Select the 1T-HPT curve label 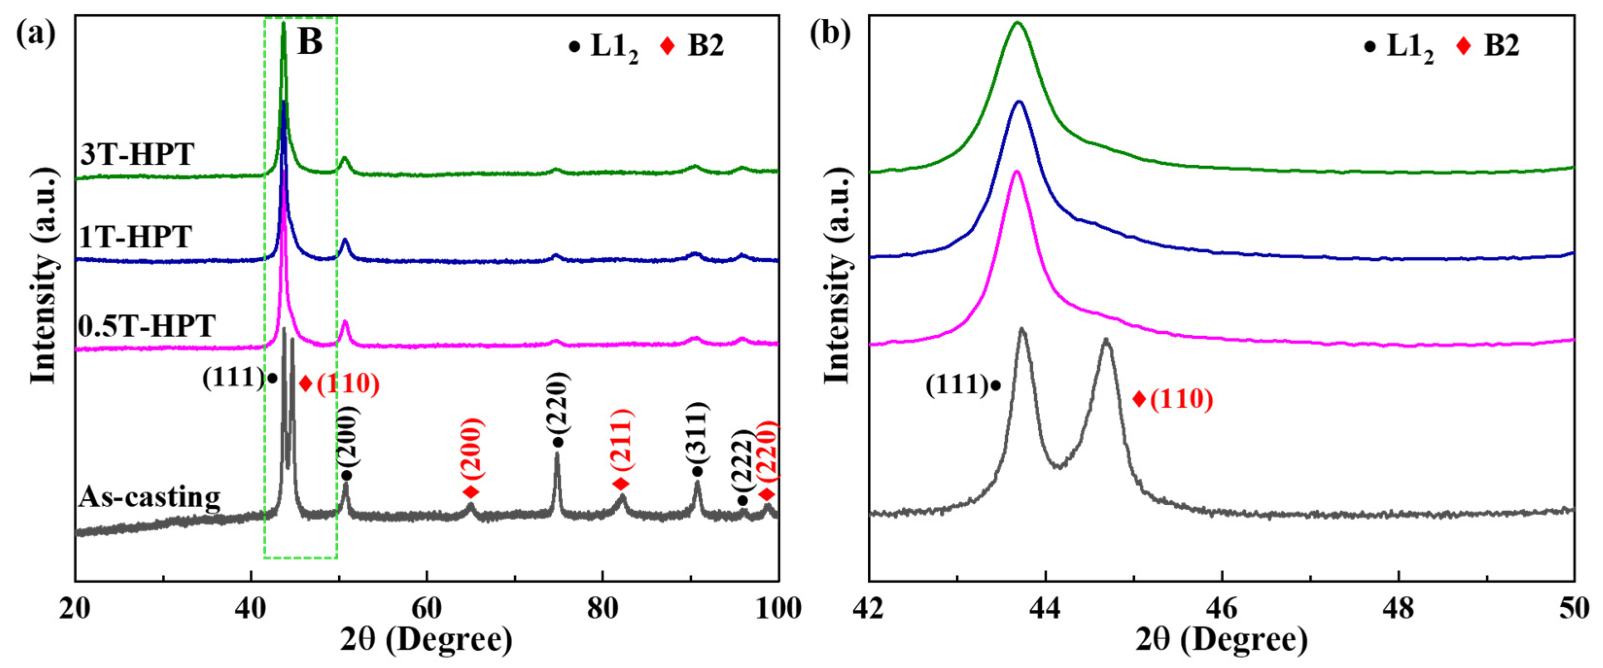pyautogui.click(x=136, y=237)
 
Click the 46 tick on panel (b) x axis pyautogui.click(x=1222, y=608)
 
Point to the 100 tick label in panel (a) pyautogui.click(x=778, y=608)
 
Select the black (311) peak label pyautogui.click(x=698, y=431)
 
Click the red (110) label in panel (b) pyautogui.click(x=1181, y=399)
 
